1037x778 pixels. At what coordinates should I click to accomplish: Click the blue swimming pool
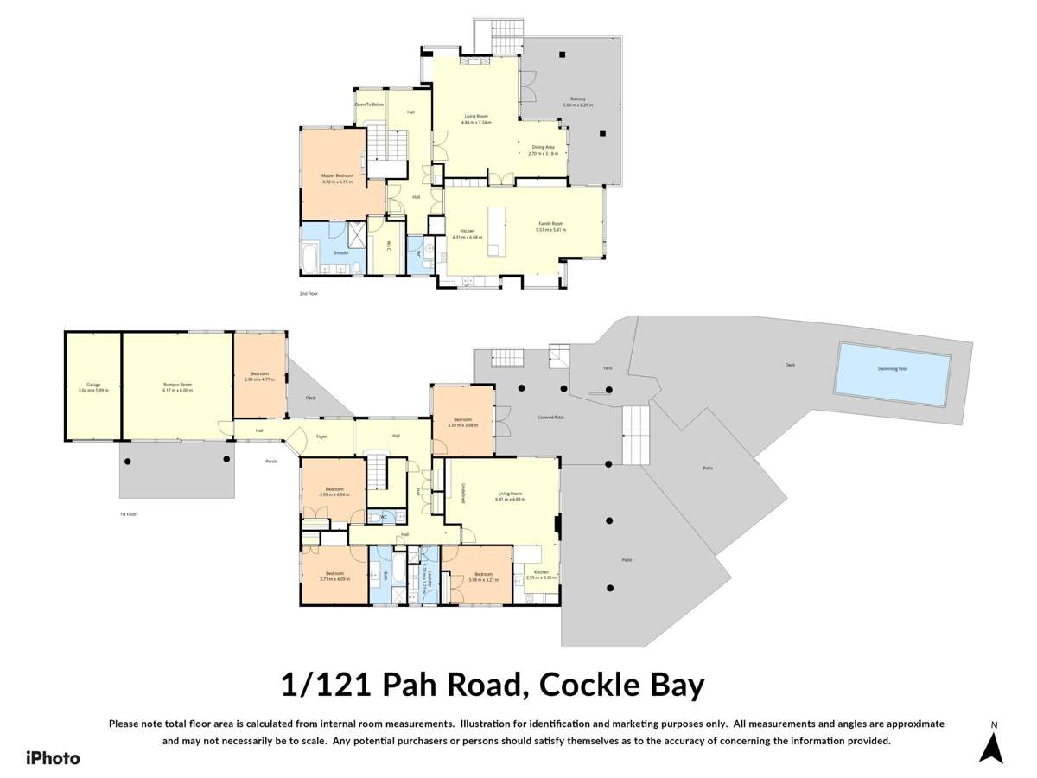[x=893, y=373]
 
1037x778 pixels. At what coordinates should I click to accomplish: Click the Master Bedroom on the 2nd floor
[x=338, y=176]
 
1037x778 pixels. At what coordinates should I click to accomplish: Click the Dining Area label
[x=543, y=148]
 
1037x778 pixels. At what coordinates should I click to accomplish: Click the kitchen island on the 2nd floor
[x=496, y=231]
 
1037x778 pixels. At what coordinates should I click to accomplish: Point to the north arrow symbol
[x=991, y=745]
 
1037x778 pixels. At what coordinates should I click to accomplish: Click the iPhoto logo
[x=53, y=758]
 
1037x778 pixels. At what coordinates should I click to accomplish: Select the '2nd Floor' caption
[x=309, y=294]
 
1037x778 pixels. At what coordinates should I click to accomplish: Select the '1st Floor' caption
[x=129, y=513]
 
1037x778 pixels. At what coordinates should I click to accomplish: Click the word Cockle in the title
[x=588, y=686]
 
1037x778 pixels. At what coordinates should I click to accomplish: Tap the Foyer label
[x=321, y=437]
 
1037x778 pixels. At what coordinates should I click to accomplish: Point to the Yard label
[x=607, y=367]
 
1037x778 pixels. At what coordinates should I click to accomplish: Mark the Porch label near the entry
[x=271, y=461]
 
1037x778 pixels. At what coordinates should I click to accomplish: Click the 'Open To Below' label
[x=369, y=105]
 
